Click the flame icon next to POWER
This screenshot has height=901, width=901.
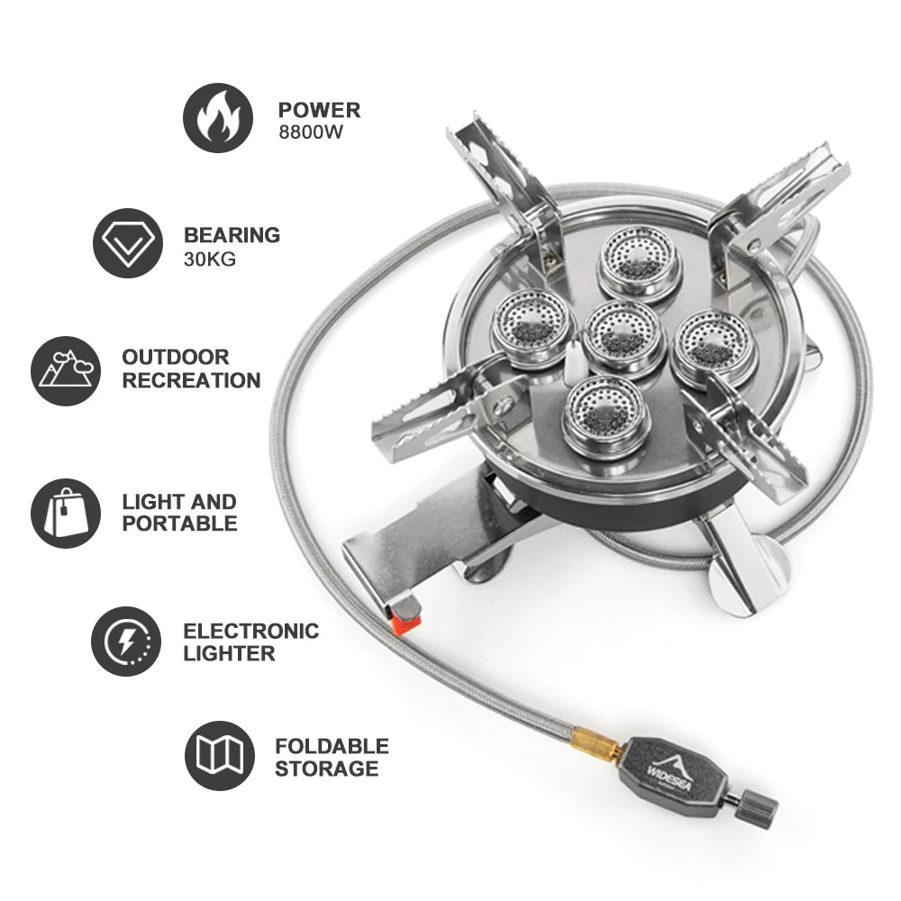(217, 118)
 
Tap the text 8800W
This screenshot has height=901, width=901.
(313, 132)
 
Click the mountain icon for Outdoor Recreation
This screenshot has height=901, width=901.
(65, 370)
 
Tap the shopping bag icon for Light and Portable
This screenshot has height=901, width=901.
(65, 514)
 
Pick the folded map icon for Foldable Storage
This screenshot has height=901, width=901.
(219, 756)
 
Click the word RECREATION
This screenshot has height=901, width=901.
(191, 380)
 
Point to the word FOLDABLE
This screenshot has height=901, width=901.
(332, 746)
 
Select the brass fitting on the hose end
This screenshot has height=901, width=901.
(596, 746)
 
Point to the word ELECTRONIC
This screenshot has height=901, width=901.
(250, 631)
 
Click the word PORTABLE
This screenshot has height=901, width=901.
(179, 523)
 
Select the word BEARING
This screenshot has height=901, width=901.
(232, 235)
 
